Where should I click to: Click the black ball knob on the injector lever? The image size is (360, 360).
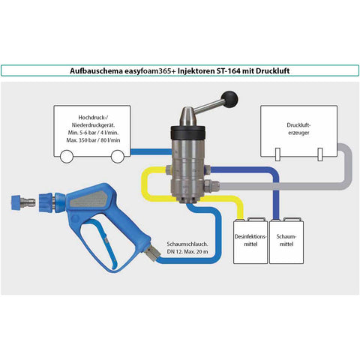point(229,100)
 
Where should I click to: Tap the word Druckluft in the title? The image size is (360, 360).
point(272,70)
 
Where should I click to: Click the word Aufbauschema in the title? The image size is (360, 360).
point(96,70)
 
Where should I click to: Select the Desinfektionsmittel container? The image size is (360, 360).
point(250,241)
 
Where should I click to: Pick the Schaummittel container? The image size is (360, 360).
point(286,241)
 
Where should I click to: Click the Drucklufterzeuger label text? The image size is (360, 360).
point(298,129)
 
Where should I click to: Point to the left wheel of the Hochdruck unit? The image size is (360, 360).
point(67,157)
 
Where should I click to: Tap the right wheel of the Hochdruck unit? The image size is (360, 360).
point(118,157)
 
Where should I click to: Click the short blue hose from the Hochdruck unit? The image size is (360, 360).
point(151,151)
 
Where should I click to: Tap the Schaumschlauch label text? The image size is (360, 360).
point(187,247)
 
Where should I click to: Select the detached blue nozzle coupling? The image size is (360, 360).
point(22,202)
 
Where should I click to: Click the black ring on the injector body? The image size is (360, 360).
point(188,133)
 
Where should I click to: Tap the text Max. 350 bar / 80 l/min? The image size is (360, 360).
point(93,140)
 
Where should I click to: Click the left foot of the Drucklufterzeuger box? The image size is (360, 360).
point(277,154)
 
